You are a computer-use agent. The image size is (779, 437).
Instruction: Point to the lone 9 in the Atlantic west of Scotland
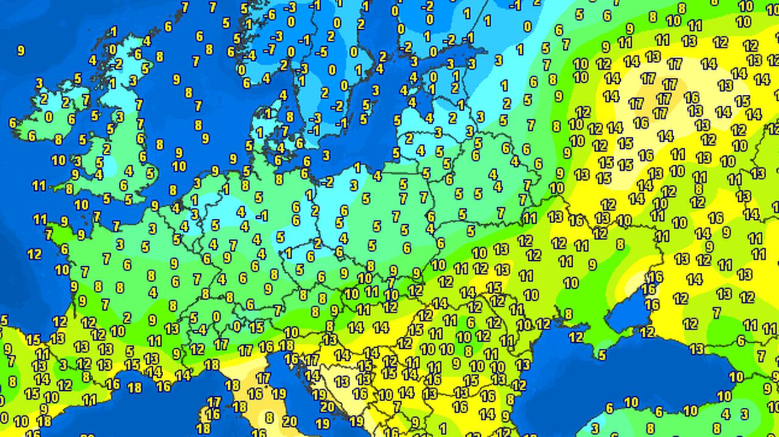[x=21, y=51]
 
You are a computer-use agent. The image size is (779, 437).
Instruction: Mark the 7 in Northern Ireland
[x=86, y=99]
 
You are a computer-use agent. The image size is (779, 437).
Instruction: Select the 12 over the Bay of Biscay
[x=34, y=254]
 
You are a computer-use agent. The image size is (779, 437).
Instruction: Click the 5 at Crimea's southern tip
[x=602, y=355]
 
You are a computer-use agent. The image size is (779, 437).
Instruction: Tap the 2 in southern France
[x=127, y=317]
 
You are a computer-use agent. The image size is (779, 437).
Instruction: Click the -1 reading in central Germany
[x=262, y=215]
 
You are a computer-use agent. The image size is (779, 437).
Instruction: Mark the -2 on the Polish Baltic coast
[x=327, y=182]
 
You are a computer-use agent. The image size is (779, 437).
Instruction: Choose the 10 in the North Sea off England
[x=179, y=166]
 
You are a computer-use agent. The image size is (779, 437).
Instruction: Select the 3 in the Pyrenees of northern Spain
[x=63, y=365]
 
